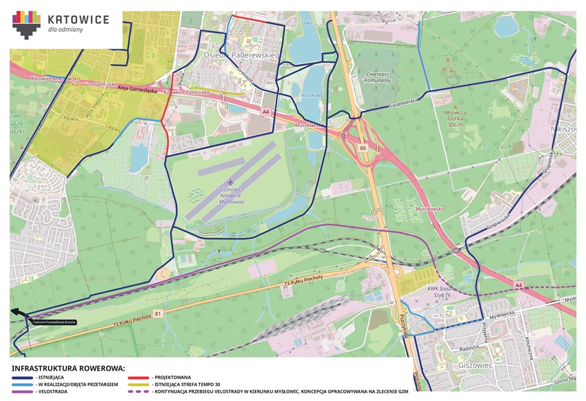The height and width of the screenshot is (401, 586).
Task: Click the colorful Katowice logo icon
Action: tap(26, 25)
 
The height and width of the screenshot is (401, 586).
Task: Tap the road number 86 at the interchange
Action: tap(363, 147)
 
